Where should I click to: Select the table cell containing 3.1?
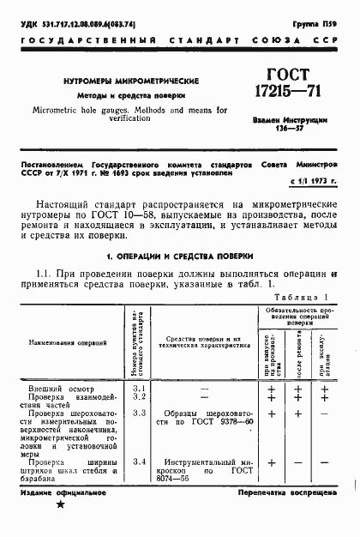point(141,390)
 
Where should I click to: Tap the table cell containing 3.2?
point(141,398)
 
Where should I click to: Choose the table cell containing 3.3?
point(141,413)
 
